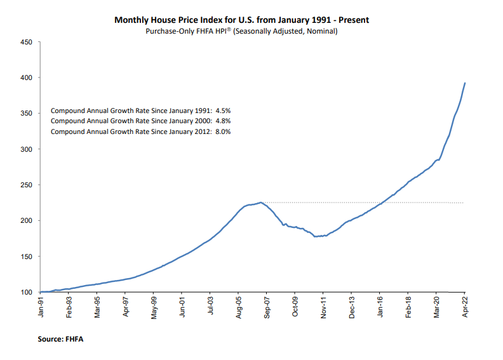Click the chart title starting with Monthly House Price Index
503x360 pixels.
tap(241, 20)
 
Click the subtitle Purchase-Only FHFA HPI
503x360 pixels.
tap(241, 31)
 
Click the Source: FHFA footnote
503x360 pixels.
tap(60, 340)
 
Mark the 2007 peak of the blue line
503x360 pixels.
tap(260, 203)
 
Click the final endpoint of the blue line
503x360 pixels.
tap(465, 83)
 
